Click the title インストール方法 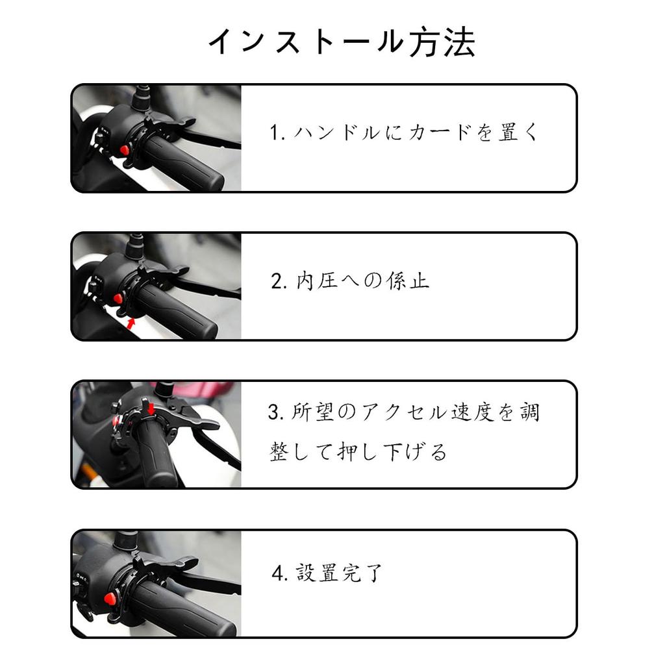[342, 43]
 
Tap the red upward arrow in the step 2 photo [132, 322]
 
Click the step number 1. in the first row [278, 133]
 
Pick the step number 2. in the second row [279, 281]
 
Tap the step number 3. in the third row [275, 412]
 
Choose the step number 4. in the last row [280, 573]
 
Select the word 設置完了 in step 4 [339, 573]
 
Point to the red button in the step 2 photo [118, 298]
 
